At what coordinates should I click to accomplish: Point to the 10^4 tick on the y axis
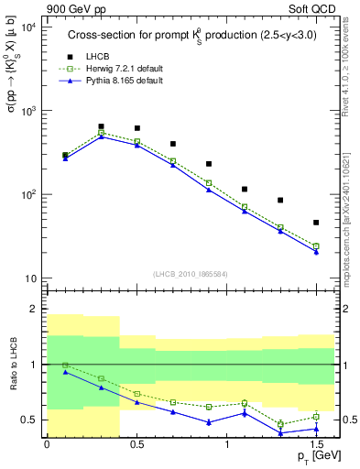pos(29,27)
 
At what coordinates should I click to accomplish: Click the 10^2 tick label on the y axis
pos(29,194)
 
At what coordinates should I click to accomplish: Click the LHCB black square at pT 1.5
pos(316,223)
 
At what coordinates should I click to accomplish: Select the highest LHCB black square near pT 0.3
pos(101,126)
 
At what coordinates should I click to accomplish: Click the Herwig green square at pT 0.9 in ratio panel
pos(209,407)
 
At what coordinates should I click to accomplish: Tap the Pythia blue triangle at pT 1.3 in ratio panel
pos(280,432)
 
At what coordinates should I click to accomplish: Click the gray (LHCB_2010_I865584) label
pos(191,275)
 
